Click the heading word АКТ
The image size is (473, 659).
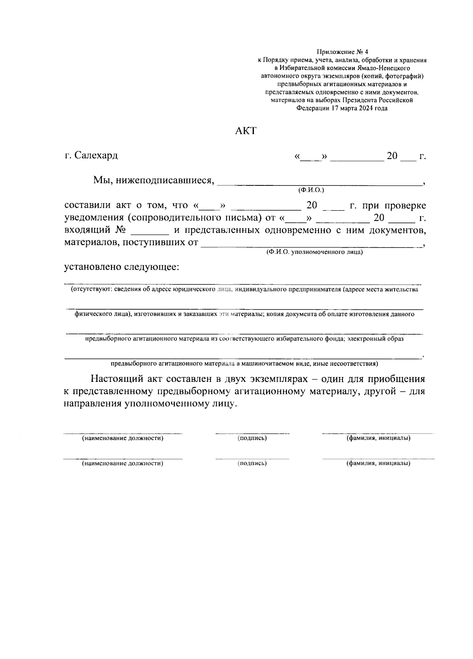click(245, 131)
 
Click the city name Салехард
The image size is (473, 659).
click(96, 155)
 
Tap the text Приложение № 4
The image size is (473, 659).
click(342, 52)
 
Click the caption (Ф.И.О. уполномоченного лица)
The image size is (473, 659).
click(314, 252)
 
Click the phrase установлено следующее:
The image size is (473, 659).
click(122, 267)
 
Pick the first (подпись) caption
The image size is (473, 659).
click(252, 438)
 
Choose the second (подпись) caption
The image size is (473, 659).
click(252, 463)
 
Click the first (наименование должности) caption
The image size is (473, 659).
click(123, 438)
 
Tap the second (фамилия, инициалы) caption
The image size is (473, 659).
click(378, 463)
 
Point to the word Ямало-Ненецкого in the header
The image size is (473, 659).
click(385, 68)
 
